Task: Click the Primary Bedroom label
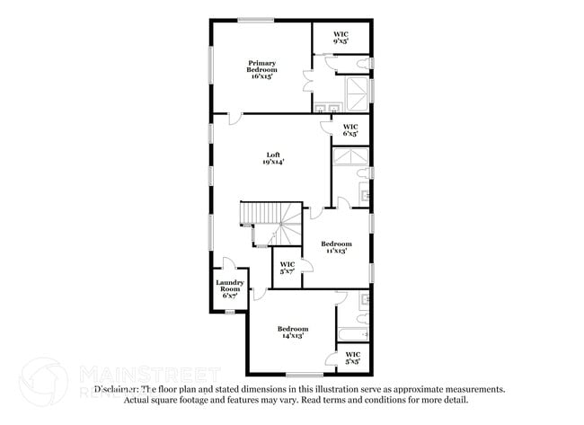click(x=261, y=69)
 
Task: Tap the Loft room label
click(x=272, y=158)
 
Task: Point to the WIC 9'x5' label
click(x=341, y=38)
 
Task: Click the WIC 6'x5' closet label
click(x=350, y=129)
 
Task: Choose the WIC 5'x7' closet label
click(x=287, y=267)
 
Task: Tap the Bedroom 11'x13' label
click(x=337, y=247)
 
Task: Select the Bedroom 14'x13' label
click(x=293, y=332)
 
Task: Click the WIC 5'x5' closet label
click(x=353, y=359)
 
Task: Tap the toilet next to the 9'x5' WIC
click(x=363, y=64)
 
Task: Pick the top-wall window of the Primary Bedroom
click(x=256, y=19)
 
